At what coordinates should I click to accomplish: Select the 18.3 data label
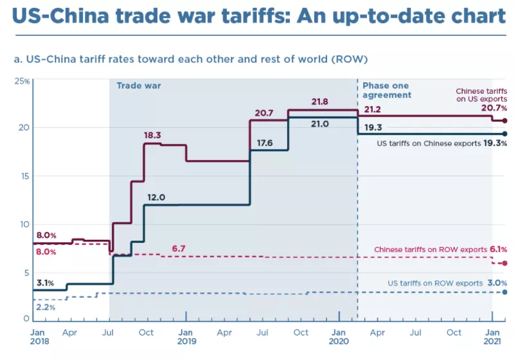[152, 135]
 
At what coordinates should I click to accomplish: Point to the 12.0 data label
[156, 197]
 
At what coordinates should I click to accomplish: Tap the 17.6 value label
[264, 143]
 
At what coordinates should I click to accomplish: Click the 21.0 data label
[319, 124]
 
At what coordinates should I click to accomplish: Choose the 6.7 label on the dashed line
[178, 248]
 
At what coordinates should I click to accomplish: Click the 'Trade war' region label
[138, 85]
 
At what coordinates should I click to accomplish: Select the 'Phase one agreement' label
[387, 90]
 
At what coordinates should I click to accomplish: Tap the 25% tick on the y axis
[22, 81]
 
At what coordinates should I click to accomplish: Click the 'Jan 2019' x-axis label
[186, 337]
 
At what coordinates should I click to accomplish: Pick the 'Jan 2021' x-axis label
[493, 337]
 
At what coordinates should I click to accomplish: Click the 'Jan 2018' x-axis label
[39, 337]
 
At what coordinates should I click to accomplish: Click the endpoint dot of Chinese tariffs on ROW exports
[505, 263]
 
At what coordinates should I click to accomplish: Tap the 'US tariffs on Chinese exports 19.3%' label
[443, 144]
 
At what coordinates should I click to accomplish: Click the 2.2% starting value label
[45, 307]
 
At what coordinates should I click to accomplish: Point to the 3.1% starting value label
[44, 283]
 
